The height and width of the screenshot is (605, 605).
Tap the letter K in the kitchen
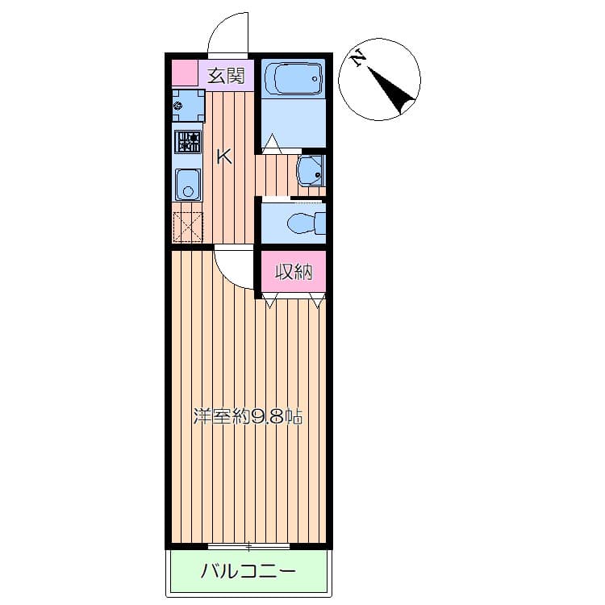tap(224, 156)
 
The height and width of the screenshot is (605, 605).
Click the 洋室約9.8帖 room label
tap(248, 418)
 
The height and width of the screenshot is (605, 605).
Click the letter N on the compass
tap(358, 57)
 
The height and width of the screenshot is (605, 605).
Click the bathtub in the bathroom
tap(292, 78)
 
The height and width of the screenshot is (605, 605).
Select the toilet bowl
tap(302, 223)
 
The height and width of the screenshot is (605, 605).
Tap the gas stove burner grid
tap(189, 143)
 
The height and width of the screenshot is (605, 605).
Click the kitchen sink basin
tap(188, 186)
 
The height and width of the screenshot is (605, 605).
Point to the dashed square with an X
tap(188, 225)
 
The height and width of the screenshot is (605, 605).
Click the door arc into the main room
tap(233, 270)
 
